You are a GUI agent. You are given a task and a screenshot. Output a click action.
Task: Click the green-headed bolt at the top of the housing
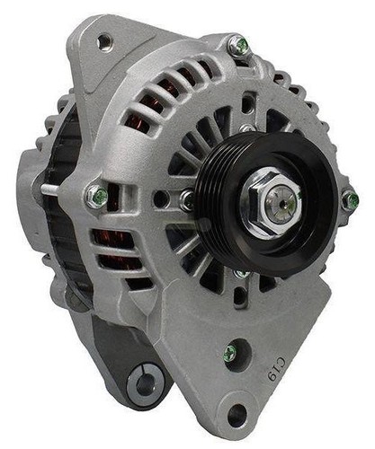point(240,46)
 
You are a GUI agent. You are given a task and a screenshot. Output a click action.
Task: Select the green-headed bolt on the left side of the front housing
point(97,196)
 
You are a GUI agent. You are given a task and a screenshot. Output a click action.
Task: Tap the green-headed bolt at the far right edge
point(350,199)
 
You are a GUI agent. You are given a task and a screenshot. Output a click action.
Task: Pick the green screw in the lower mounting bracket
point(230,353)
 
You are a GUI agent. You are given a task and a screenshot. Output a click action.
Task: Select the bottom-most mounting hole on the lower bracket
point(237,411)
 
